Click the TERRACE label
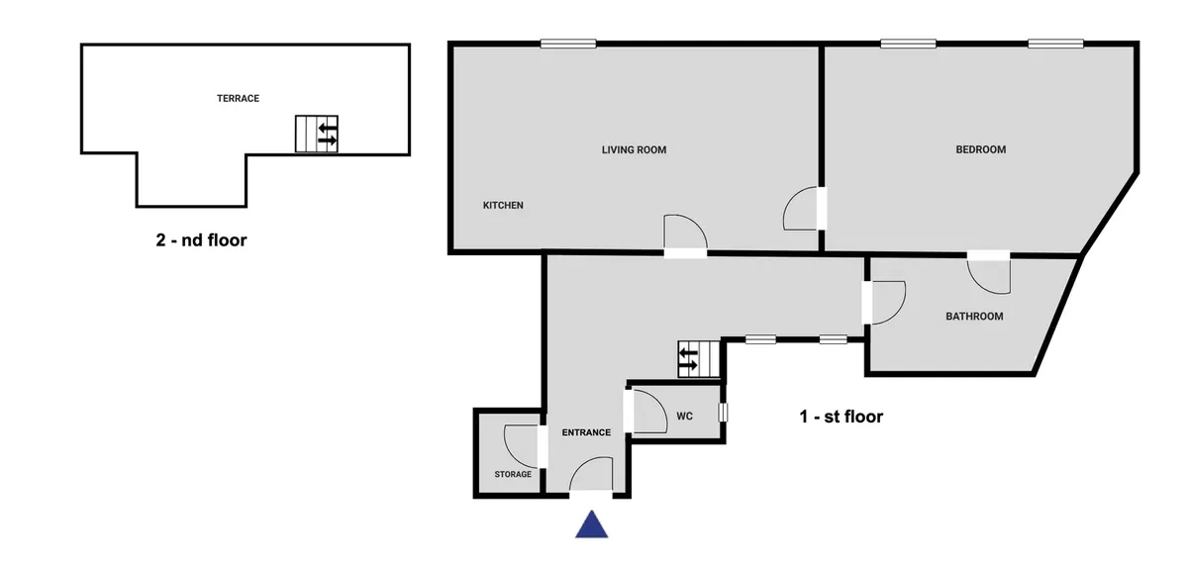pyautogui.click(x=239, y=99)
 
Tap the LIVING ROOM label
pyautogui.click(x=634, y=150)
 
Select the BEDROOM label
pyautogui.click(x=981, y=149)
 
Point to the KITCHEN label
pyautogui.click(x=503, y=205)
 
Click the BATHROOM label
pyautogui.click(x=974, y=317)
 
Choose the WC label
pyautogui.click(x=684, y=417)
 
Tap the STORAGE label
pyautogui.click(x=513, y=475)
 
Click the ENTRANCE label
pyautogui.click(x=586, y=432)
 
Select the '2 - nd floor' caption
pyautogui.click(x=202, y=240)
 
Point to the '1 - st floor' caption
pyautogui.click(x=841, y=417)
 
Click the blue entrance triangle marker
pyautogui.click(x=591, y=524)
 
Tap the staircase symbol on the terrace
pyautogui.click(x=317, y=135)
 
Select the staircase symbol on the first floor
pyautogui.click(x=699, y=359)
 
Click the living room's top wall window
pyautogui.click(x=568, y=44)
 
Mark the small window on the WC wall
pyautogui.click(x=723, y=412)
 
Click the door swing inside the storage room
pyautogui.click(x=521, y=446)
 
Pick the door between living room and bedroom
pyautogui.click(x=801, y=209)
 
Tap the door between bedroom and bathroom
pyautogui.click(x=989, y=275)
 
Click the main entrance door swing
pyautogui.click(x=591, y=474)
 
